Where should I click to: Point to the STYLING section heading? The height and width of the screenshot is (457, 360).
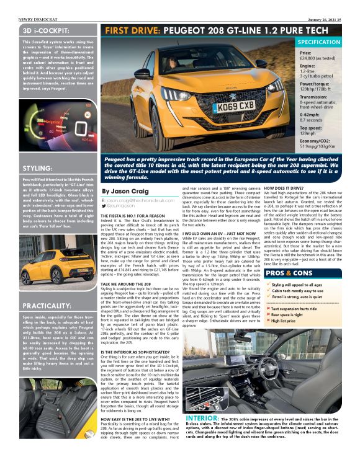click(37, 168)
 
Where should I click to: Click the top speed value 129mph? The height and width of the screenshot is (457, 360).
click(309, 133)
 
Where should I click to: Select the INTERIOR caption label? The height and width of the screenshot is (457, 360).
click(201, 419)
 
